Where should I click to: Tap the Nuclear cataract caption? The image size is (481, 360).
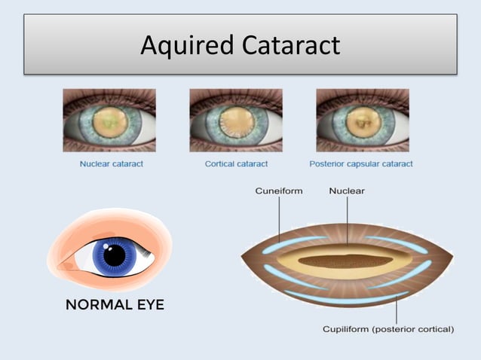point(111,163)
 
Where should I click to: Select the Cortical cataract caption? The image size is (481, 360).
point(237,163)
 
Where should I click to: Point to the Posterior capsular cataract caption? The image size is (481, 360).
point(361,163)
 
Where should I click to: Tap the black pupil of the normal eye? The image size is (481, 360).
point(115,256)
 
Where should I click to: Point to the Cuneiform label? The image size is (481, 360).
point(279,191)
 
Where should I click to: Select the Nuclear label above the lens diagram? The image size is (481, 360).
point(347,191)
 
